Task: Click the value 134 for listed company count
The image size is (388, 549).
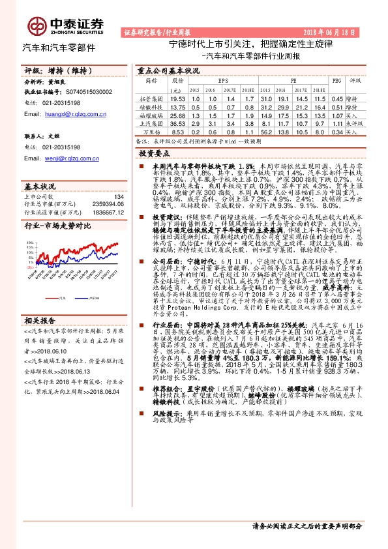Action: (119, 196)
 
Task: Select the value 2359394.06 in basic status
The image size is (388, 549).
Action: (108, 204)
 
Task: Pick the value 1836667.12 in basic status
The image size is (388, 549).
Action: (108, 212)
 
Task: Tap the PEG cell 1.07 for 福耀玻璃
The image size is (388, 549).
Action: (337, 114)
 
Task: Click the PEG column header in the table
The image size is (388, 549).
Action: (337, 81)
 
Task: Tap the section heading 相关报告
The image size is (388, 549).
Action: (39, 320)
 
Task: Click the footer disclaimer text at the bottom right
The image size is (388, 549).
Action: (313, 527)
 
